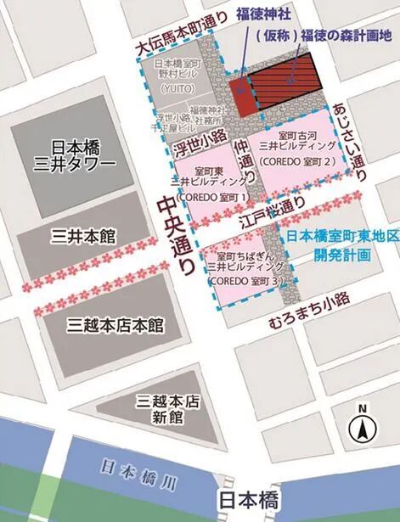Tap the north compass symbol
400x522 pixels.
(x=362, y=424)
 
